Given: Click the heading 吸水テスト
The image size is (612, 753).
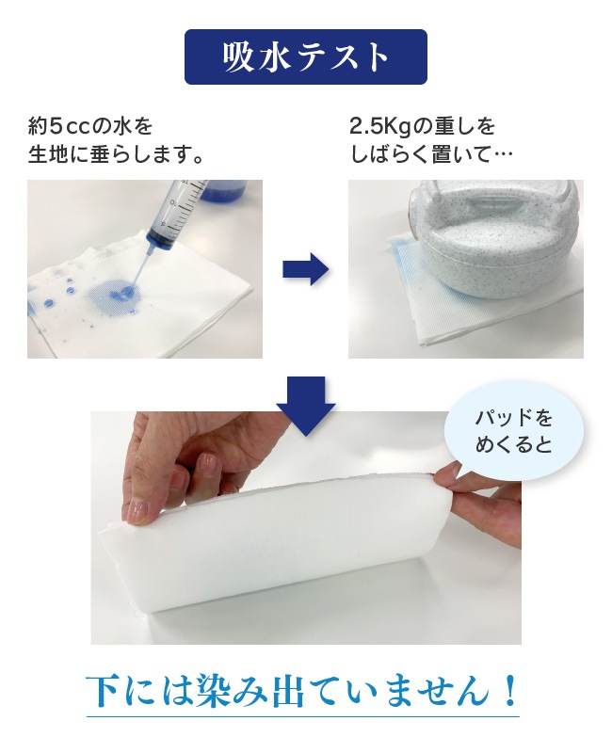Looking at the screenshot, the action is (305, 57).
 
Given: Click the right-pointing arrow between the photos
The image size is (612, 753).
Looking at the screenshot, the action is (305, 269).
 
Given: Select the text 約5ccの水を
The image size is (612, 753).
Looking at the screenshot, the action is (89, 126).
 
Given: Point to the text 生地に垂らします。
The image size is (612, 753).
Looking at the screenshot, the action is (115, 155).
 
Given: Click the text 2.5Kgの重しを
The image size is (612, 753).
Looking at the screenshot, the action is (422, 126).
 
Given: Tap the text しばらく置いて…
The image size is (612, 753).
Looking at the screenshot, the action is (431, 155).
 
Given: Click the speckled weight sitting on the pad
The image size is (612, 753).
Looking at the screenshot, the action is (490, 239).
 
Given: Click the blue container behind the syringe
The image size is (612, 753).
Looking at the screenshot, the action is (229, 190).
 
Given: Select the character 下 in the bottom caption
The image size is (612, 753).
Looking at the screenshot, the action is (103, 691).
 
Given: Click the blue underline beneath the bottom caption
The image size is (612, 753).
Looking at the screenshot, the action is (303, 717).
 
